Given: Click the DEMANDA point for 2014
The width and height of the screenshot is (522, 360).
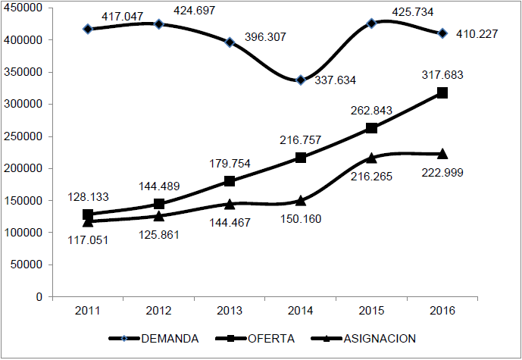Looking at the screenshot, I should [x=301, y=80].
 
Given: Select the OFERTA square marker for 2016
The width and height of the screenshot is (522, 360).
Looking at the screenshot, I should [x=442, y=92].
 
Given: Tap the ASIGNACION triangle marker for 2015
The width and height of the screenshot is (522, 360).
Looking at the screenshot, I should [x=371, y=158].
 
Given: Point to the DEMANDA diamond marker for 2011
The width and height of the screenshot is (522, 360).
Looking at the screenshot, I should [x=88, y=29].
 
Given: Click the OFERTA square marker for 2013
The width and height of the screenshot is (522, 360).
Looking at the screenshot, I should [x=230, y=181].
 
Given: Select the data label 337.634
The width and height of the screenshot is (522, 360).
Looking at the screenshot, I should [x=335, y=80].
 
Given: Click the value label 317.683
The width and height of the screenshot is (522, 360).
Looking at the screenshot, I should [x=442, y=75].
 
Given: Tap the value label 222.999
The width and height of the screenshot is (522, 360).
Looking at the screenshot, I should [x=442, y=172].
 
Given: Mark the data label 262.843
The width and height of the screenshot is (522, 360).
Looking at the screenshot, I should [x=371, y=111].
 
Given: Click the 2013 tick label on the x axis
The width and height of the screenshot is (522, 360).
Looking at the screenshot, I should [x=230, y=311].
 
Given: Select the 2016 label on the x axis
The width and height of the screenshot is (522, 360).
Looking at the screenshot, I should [x=442, y=311].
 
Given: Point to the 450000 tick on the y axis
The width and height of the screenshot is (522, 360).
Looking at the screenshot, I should [x=25, y=8].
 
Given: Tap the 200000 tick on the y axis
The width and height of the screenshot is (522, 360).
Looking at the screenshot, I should [x=25, y=169].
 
